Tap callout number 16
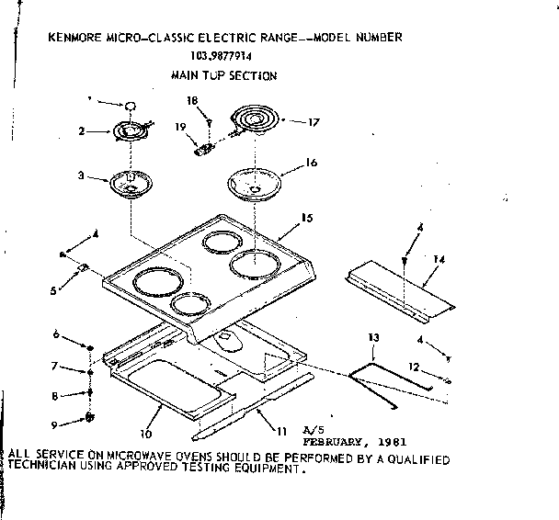(x=311, y=163)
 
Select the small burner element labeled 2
(x=134, y=130)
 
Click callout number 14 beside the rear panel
(x=439, y=261)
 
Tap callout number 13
(x=373, y=339)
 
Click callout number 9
(x=55, y=424)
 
